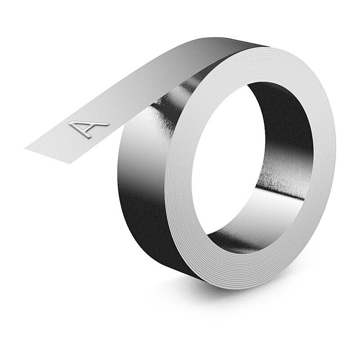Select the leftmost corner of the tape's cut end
click(x=25, y=146)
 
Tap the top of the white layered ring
click(x=265, y=58)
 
